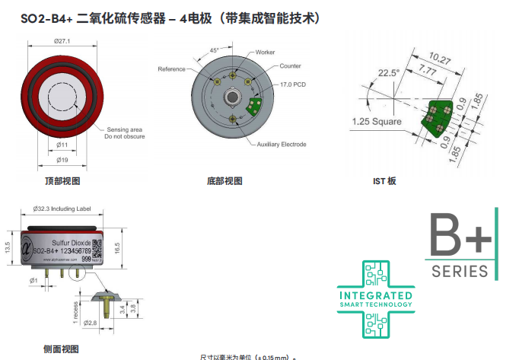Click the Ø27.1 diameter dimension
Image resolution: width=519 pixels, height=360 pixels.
62,41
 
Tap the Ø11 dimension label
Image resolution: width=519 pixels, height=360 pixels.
62,144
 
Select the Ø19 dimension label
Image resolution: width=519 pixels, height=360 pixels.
62,160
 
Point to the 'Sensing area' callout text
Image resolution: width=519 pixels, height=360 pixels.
124,129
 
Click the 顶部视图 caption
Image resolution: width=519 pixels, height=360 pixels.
62,181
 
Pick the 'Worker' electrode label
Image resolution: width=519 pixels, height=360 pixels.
265,52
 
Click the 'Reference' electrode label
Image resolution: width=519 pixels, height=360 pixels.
171,69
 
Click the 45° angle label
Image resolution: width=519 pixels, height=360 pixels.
214,49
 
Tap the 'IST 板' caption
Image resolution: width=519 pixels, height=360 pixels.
384,181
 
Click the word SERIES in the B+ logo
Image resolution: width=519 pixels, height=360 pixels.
460,271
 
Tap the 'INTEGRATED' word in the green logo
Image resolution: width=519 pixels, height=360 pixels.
375,295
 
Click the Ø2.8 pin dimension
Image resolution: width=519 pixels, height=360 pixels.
91,323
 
